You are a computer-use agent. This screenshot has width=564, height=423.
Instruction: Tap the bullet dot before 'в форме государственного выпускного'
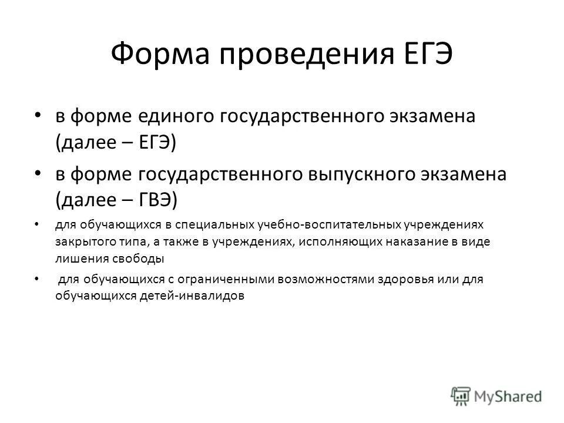point(38,174)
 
